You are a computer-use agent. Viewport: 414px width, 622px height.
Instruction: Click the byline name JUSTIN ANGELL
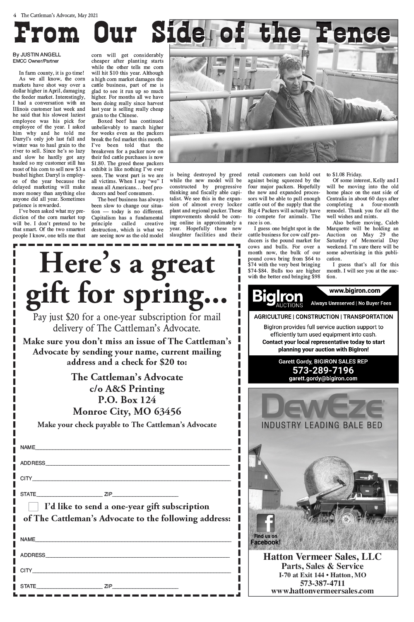point(41,54)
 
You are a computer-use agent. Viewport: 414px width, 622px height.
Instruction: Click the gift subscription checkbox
point(34,507)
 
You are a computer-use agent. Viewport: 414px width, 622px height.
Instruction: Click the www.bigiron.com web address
point(354,291)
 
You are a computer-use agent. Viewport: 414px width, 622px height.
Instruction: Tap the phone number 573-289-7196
point(323,370)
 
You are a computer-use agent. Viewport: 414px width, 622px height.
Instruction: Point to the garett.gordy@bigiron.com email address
point(323,378)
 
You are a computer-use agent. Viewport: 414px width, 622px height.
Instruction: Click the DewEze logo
point(323,407)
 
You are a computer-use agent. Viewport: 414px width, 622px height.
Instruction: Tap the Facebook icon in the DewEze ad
point(265,523)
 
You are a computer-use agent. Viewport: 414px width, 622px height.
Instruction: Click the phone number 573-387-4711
point(323,583)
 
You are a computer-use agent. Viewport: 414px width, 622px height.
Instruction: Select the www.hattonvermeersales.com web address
point(323,591)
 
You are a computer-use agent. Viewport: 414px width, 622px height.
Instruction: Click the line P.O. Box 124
point(127,400)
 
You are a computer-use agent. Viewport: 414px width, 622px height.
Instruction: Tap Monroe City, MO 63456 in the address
point(127,412)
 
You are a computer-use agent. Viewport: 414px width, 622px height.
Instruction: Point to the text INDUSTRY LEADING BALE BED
point(323,425)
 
